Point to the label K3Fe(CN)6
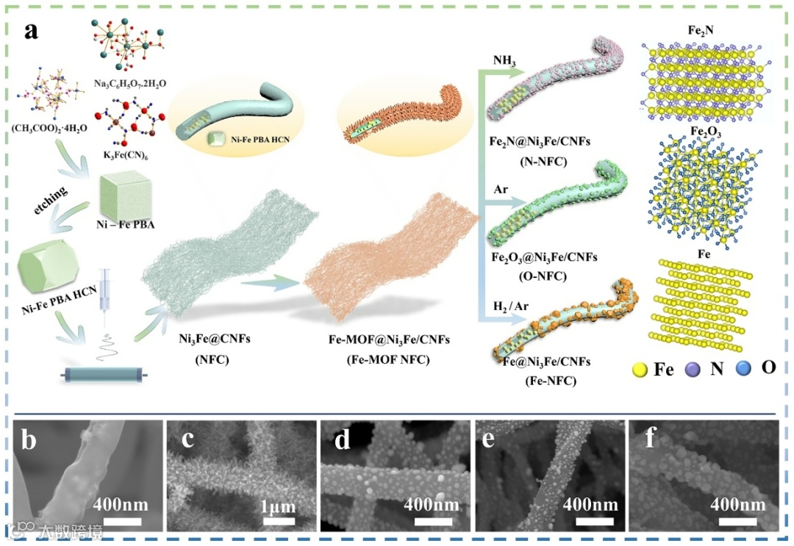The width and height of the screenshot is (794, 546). coord(124,156)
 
